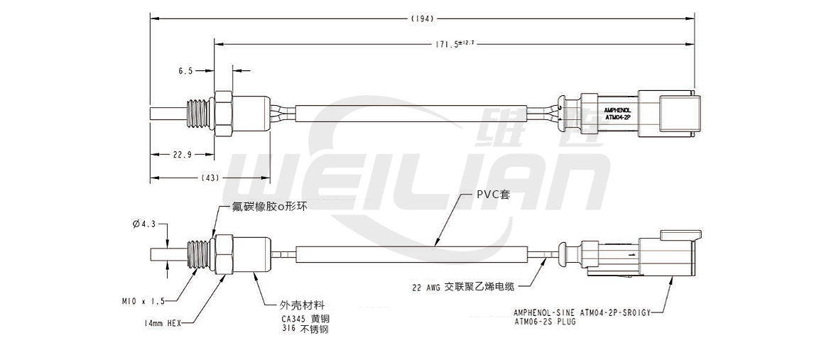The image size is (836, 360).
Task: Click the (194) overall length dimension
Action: (422, 18)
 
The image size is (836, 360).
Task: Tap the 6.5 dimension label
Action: (185, 71)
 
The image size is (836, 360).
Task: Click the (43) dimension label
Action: (210, 177)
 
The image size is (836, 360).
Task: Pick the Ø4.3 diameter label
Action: (143, 224)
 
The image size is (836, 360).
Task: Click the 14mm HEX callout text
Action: (163, 323)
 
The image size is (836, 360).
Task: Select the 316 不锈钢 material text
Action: (305, 329)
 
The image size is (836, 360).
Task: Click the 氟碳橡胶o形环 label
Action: (270, 207)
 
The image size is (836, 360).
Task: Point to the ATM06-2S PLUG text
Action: (545, 322)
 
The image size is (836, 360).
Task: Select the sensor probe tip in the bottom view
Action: (168, 254)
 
